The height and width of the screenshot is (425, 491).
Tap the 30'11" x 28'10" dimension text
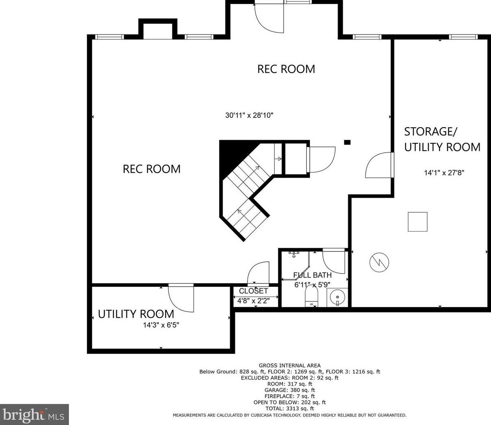pos(249,115)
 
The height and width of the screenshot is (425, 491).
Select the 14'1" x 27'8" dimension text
pos(444,172)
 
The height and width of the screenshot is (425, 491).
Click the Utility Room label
pos(136,314)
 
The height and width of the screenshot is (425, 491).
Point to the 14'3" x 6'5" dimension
pos(161,325)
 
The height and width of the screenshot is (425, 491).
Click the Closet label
pos(254,291)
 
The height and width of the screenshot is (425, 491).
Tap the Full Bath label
pos(312,275)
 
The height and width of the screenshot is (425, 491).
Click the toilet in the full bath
pos(311,296)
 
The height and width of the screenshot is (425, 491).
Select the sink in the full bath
pos(337,297)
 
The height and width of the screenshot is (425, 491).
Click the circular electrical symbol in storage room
pos(379,262)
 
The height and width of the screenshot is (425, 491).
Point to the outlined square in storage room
pos(418,222)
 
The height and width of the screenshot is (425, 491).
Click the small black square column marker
pos(347,142)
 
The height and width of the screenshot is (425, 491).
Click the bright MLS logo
pos(34,414)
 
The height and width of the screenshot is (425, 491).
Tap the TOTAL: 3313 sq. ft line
pos(290,408)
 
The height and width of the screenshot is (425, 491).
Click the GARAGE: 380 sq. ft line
pos(290,390)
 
